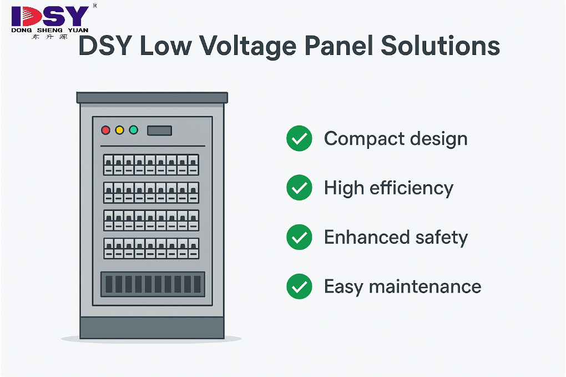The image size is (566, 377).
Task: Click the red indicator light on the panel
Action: click(x=105, y=130)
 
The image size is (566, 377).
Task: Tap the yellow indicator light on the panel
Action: click(x=119, y=130)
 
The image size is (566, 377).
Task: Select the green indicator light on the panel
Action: click(x=133, y=130)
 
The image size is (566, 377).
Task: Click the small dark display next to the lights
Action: click(x=159, y=130)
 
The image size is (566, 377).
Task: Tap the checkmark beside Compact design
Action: click(x=299, y=139)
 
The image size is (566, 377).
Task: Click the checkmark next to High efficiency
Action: click(x=299, y=188)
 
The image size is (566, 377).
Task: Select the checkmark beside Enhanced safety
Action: click(x=299, y=238)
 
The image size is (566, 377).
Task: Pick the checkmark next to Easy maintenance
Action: click(x=299, y=286)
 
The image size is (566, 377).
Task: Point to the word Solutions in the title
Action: click(x=441, y=47)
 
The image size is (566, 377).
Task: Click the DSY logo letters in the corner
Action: click(x=50, y=16)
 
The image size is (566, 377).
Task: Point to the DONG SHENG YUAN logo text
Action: click(x=50, y=30)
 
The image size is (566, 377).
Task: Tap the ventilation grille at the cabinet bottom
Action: click(x=153, y=284)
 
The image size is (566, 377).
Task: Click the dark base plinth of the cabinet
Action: click(x=152, y=328)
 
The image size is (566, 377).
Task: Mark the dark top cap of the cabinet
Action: click(x=152, y=98)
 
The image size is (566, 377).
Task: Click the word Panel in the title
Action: click(x=338, y=47)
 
